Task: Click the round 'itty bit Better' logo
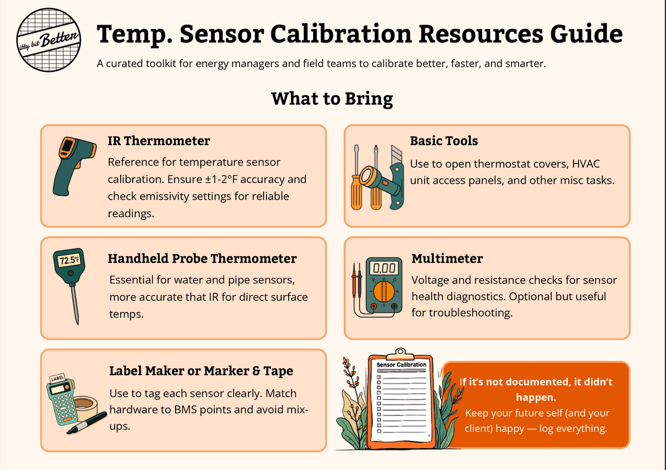48,40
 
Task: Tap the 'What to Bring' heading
332,99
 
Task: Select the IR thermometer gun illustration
74,166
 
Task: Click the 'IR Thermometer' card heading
159,141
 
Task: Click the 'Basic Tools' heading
444,141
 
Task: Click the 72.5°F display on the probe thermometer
69,261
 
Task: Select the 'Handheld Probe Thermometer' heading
202,258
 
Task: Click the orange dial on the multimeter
384,291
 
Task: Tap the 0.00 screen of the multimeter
384,268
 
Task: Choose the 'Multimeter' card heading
447,258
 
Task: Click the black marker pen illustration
86,423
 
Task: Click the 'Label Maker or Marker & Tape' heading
201,371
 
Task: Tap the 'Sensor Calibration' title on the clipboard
401,364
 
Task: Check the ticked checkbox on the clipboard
379,378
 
